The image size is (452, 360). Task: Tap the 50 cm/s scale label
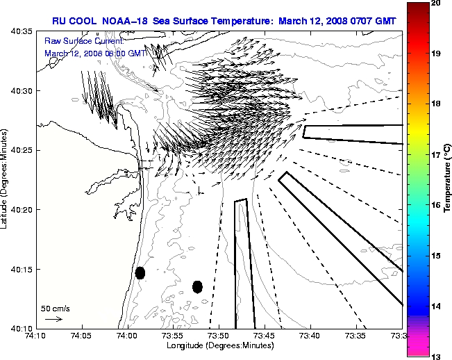click(56, 308)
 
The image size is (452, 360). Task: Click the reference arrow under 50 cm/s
click(53, 319)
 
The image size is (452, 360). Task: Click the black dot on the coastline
click(140, 272)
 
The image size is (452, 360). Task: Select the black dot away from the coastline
click(197, 286)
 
